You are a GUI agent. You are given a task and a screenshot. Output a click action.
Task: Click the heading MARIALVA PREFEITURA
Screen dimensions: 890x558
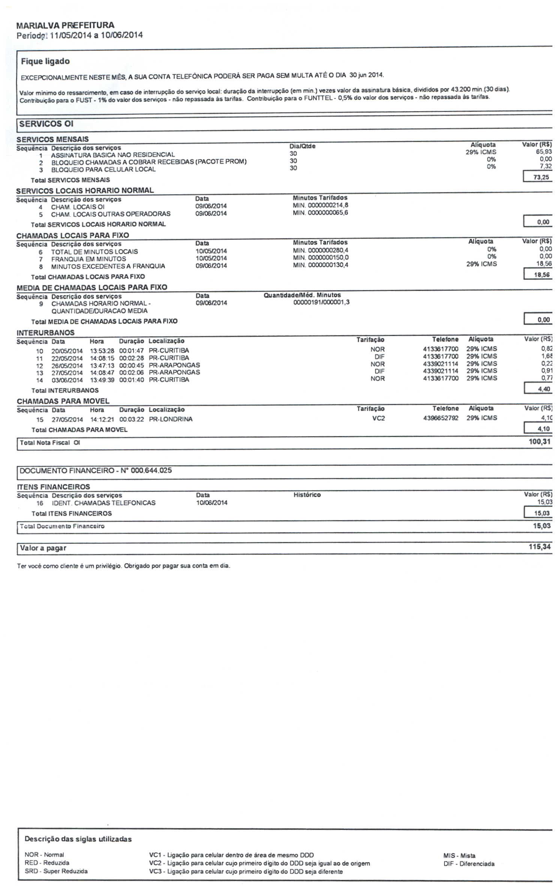pyautogui.click(x=65, y=25)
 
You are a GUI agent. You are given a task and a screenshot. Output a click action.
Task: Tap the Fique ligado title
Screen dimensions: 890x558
pyautogui.click(x=45, y=61)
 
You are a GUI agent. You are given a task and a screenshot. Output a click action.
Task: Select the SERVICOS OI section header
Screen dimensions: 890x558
pyautogui.click(x=46, y=124)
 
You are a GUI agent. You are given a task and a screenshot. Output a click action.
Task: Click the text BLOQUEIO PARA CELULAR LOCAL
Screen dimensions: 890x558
pyautogui.click(x=103, y=169)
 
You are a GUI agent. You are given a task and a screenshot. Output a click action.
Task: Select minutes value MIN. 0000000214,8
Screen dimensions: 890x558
pyautogui.click(x=320, y=205)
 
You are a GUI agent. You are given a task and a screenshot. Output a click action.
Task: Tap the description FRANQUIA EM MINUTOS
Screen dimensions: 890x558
pyautogui.click(x=88, y=259)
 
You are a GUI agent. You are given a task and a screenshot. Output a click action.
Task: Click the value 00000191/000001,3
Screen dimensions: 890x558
pyautogui.click(x=321, y=302)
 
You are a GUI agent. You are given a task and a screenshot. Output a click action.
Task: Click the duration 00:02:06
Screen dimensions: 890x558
pyautogui.click(x=131, y=372)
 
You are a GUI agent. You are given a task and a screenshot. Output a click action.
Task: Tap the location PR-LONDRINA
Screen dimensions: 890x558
pyautogui.click(x=171, y=419)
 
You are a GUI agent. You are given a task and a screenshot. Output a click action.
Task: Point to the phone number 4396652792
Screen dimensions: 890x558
pyautogui.click(x=440, y=418)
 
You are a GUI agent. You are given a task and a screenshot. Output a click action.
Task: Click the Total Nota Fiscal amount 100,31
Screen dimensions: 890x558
pyautogui.click(x=539, y=442)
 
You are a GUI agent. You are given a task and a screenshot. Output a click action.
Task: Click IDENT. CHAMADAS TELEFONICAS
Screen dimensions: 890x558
pyautogui.click(x=103, y=503)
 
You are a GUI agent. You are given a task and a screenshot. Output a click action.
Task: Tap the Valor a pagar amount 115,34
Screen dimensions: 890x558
pyautogui.click(x=539, y=547)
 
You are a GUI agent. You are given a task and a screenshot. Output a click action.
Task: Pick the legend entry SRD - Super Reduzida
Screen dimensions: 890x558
pyautogui.click(x=56, y=871)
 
